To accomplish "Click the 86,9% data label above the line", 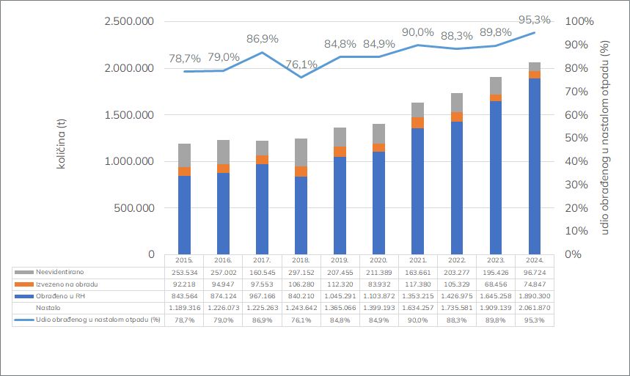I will coord(262,38).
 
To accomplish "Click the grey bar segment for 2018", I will coord(301,152).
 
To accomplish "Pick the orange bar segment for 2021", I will coord(417,122).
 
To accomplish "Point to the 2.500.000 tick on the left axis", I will coord(128,22).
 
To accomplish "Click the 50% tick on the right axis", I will coord(574,138).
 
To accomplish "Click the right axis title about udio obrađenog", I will coord(606,138).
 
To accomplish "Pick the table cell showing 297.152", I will coord(301,271).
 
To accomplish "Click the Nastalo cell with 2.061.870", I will coord(534,309).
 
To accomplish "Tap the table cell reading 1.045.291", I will coord(340,296).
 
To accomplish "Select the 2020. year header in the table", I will coord(378,259).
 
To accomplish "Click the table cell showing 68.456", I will coord(495,284).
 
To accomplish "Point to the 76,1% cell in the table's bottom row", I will coord(301,321).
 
